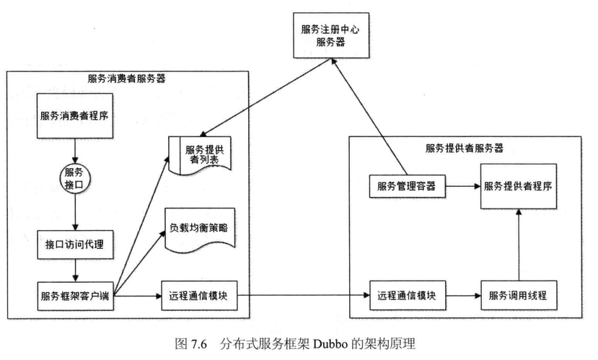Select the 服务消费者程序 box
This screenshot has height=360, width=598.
click(x=75, y=115)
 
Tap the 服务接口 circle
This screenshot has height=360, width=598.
click(x=74, y=177)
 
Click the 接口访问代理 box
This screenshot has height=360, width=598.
click(x=75, y=243)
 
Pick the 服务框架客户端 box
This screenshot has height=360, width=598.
click(x=75, y=295)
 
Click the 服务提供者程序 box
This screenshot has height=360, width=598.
click(x=519, y=185)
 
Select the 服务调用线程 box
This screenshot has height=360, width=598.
click(x=518, y=295)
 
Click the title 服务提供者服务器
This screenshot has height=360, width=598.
click(x=464, y=149)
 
